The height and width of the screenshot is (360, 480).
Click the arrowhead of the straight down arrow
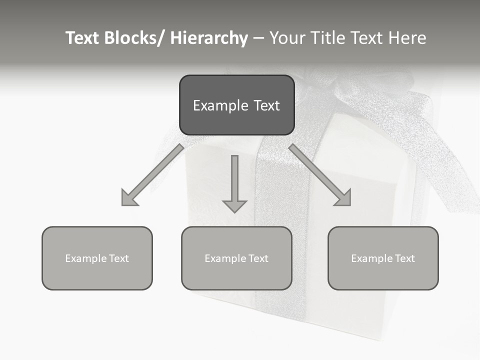click(234, 205)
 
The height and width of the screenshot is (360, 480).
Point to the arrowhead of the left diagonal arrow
click(128, 199)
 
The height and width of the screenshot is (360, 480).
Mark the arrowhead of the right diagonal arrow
click(344, 199)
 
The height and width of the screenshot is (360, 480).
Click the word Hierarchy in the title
click(208, 38)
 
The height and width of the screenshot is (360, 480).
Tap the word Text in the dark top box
click(266, 105)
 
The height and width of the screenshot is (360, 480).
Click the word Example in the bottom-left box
click(86, 258)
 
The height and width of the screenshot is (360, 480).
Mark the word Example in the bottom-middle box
click(225, 258)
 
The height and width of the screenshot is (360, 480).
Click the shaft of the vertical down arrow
click(234, 175)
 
